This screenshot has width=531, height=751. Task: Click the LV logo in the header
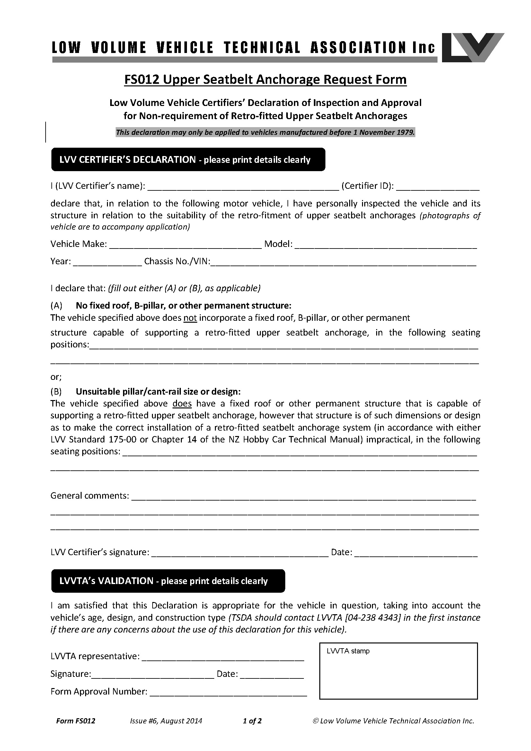pyautogui.click(x=473, y=48)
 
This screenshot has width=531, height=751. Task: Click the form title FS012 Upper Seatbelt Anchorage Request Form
pyautogui.click(x=265, y=80)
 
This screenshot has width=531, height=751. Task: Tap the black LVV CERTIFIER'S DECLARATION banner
pyautogui.click(x=188, y=160)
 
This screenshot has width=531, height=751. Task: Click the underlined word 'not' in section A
pyautogui.click(x=190, y=318)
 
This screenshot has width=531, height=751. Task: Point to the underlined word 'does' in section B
pyautogui.click(x=182, y=404)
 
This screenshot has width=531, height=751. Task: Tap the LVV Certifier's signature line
pyautogui.click(x=240, y=553)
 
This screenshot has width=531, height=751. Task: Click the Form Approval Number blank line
pyautogui.click(x=228, y=692)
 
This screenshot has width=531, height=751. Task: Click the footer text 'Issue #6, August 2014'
pyautogui.click(x=166, y=721)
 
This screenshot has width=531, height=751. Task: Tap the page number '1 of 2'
pyautogui.click(x=252, y=721)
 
